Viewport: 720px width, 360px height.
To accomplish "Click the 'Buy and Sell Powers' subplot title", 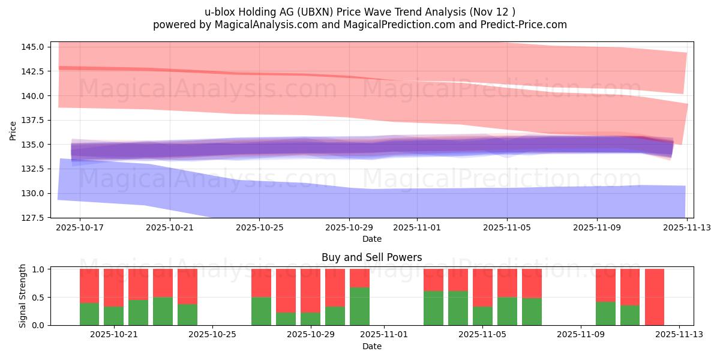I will (371, 257).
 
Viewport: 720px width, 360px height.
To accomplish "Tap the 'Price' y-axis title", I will (13, 130).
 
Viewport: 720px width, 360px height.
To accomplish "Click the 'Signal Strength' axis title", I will (23, 296).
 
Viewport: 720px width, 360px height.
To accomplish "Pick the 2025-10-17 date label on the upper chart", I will (79, 227).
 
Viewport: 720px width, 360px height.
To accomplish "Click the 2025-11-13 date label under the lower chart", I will (679, 334).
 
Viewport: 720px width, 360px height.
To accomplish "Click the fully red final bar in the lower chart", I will (655, 297).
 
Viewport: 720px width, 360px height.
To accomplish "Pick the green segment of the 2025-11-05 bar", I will (482, 316).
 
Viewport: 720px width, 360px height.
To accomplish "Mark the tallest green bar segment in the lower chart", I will (359, 306).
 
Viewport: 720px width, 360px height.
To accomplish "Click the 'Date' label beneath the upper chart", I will (371, 239).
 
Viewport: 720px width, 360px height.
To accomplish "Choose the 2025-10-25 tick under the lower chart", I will (212, 334).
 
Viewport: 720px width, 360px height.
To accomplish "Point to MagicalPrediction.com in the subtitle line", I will (398, 25).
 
